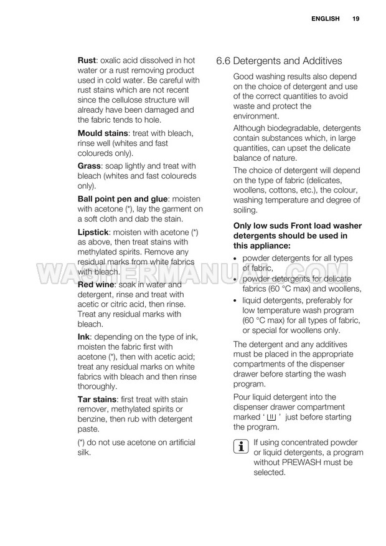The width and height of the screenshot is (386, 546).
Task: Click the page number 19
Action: pyautogui.click(x=355, y=19)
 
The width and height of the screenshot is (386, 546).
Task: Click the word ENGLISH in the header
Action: pyautogui.click(x=325, y=19)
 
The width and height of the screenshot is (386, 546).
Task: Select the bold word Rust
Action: pyautogui.click(x=87, y=60)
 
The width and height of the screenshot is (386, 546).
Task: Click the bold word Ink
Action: pyautogui.click(x=83, y=337)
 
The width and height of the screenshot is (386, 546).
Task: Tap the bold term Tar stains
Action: pyautogui.click(x=98, y=400)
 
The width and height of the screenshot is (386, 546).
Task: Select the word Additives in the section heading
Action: pyautogui.click(x=322, y=61)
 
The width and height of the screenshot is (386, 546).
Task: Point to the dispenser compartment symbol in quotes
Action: pyautogui.click(x=270, y=418)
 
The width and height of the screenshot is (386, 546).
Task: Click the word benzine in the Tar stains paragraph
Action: pyautogui.click(x=93, y=419)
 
